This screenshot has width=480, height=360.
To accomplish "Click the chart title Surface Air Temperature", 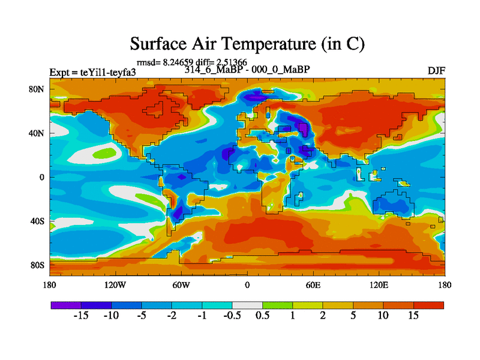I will click(x=248, y=44).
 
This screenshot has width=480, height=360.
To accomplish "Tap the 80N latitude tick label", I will click(x=38, y=89).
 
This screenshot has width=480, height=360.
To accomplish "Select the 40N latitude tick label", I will click(x=38, y=133).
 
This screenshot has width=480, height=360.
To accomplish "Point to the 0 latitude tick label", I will click(x=42, y=177).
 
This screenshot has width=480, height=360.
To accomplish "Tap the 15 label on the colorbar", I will click(x=413, y=316).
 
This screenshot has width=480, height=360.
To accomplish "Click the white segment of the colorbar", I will click(x=247, y=305).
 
